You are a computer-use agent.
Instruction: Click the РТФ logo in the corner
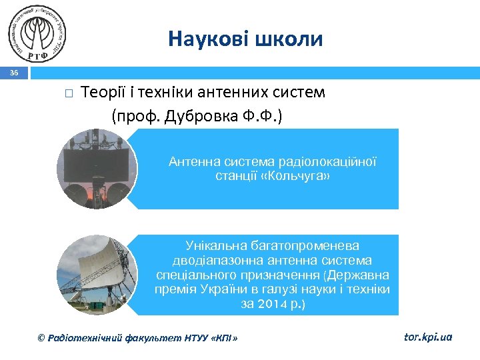point(38,34)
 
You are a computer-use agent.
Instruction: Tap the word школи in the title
point(290,39)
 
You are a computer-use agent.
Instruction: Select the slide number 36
point(14,73)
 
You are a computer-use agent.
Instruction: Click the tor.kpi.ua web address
point(428,337)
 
